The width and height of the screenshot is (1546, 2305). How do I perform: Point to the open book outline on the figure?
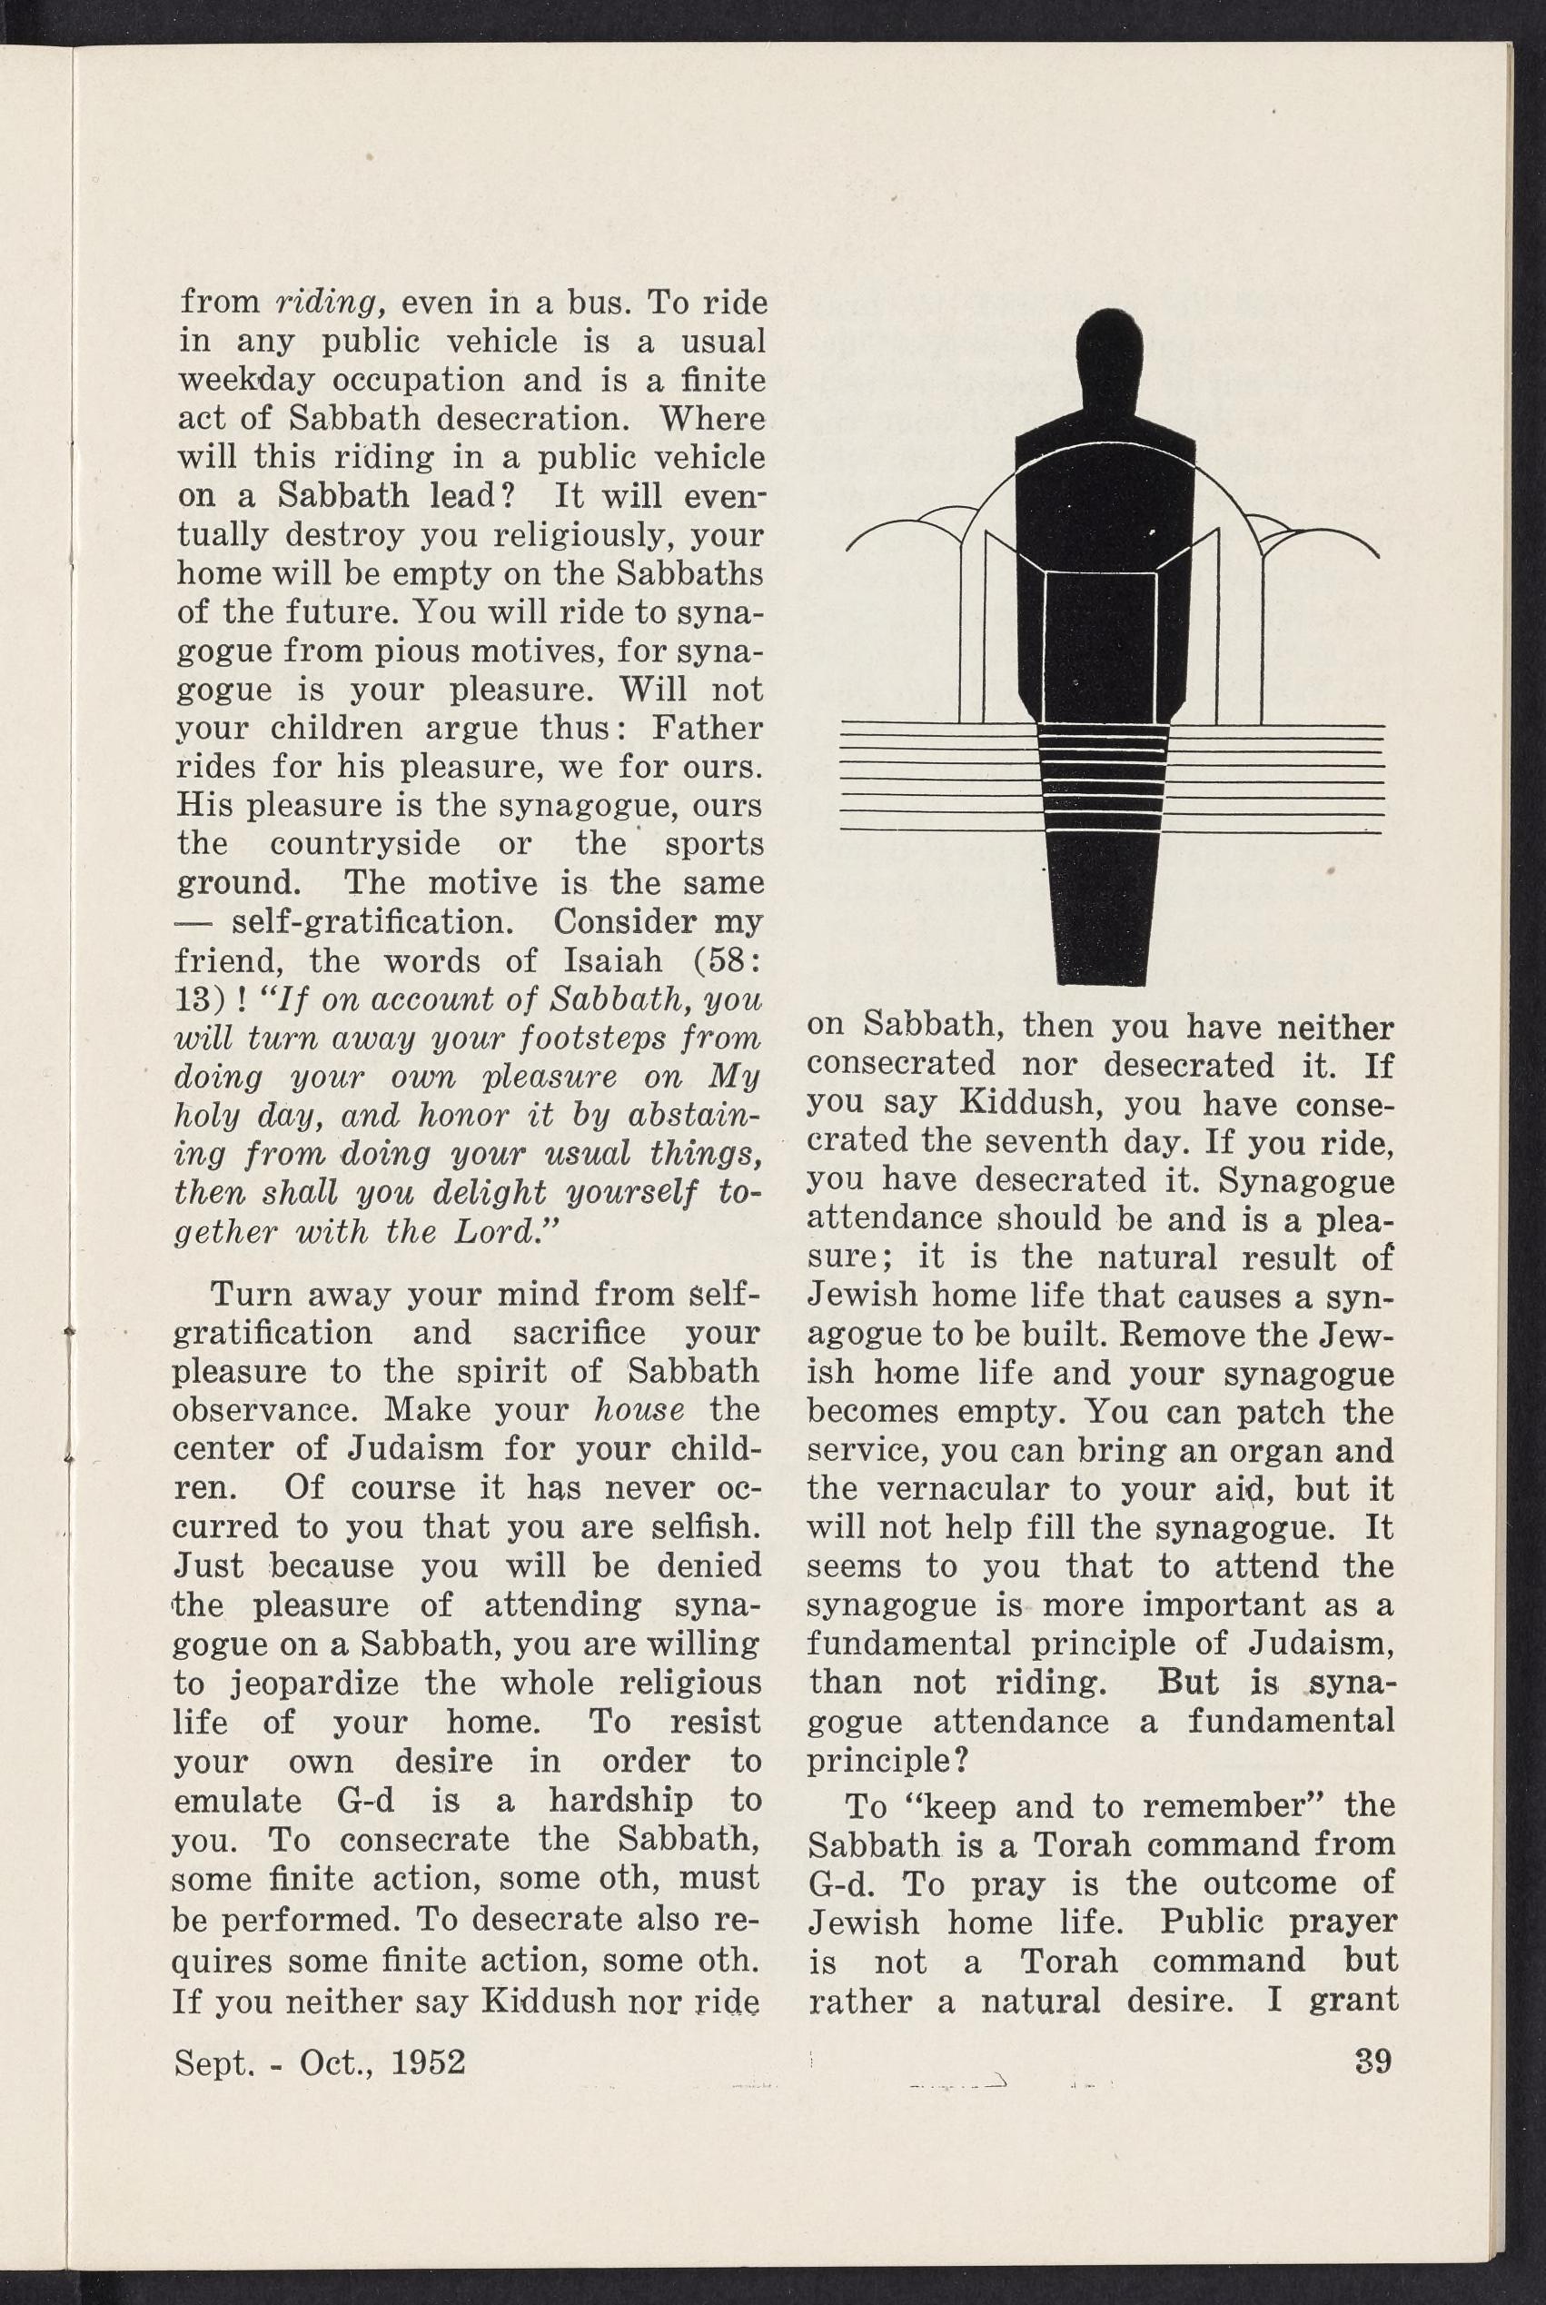[x=1100, y=631]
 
